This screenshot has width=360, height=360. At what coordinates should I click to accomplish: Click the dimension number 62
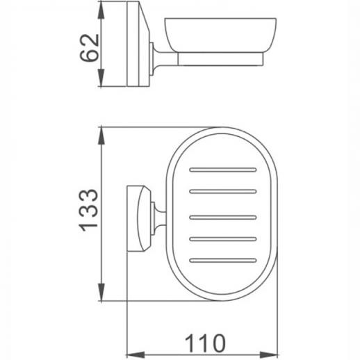tap(88, 47)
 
